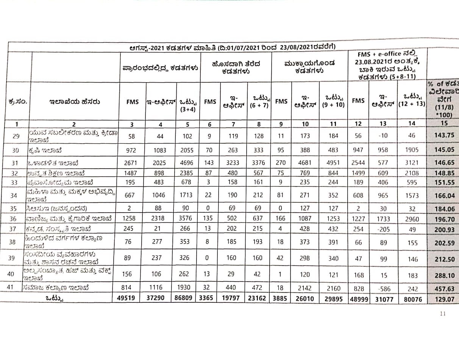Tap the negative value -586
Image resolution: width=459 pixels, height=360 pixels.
[x=384, y=289]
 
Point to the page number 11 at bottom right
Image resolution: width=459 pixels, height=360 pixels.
[x=443, y=313]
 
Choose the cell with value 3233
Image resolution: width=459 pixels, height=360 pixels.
[x=234, y=163]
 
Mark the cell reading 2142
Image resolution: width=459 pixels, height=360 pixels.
[x=305, y=288]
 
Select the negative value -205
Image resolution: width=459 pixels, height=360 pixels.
[x=384, y=229]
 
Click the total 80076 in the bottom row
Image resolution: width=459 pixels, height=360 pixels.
[x=412, y=299]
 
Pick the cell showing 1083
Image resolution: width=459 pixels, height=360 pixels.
[x=161, y=150]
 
